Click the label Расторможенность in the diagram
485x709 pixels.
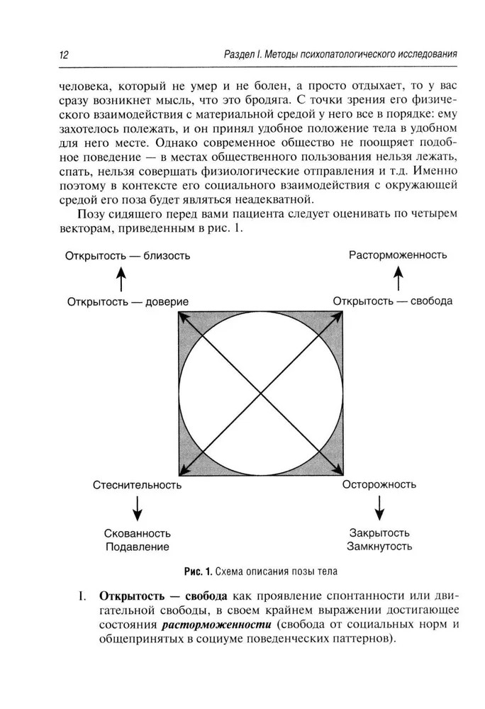pos(398,255)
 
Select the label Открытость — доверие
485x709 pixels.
pos(128,301)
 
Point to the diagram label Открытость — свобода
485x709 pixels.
pos(392,301)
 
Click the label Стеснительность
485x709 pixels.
pos(137,486)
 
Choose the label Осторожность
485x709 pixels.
pos(379,485)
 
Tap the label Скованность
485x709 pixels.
pos(138,533)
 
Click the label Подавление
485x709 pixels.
pos(138,547)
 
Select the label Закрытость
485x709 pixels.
pos(379,533)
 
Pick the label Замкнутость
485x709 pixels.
pos(379,547)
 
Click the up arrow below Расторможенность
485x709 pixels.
pos(398,277)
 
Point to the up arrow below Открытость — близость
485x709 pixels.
pos(121,277)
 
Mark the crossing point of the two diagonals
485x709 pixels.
pos(262,393)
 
